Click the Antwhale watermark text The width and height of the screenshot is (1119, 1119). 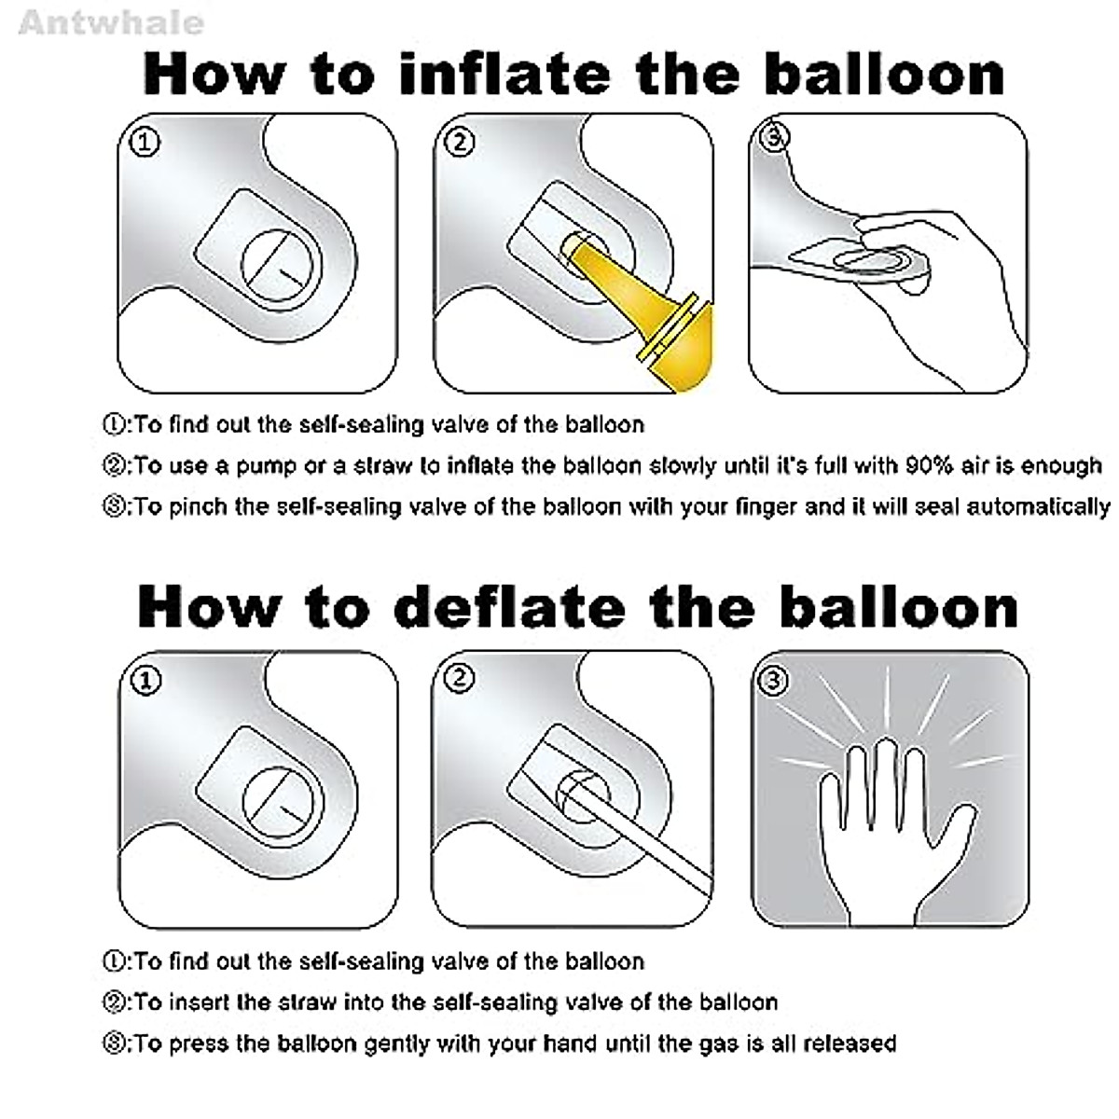111,23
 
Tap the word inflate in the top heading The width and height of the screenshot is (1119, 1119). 505,75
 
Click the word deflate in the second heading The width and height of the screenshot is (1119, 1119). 513,607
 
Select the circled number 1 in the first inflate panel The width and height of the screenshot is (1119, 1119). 145,143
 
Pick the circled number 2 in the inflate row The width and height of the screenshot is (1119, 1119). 460,143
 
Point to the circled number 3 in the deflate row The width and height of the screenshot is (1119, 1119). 773,680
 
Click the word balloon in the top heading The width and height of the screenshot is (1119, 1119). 884,75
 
